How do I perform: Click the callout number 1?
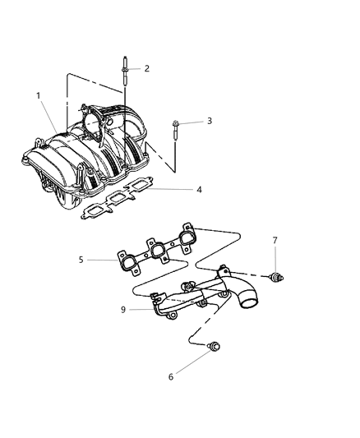(39, 96)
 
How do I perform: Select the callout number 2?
(147, 68)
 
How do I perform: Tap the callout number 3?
(210, 121)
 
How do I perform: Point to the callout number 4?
(199, 190)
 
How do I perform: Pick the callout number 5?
(81, 260)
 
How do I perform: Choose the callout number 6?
(171, 377)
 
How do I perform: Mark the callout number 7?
(275, 240)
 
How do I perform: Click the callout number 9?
(123, 310)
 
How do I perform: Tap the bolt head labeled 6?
(215, 346)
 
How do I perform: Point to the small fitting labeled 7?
(276, 277)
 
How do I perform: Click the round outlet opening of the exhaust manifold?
(248, 302)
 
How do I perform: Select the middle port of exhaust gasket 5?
(158, 249)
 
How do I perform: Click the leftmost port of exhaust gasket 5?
(128, 263)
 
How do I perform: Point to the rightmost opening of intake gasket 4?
(140, 187)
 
